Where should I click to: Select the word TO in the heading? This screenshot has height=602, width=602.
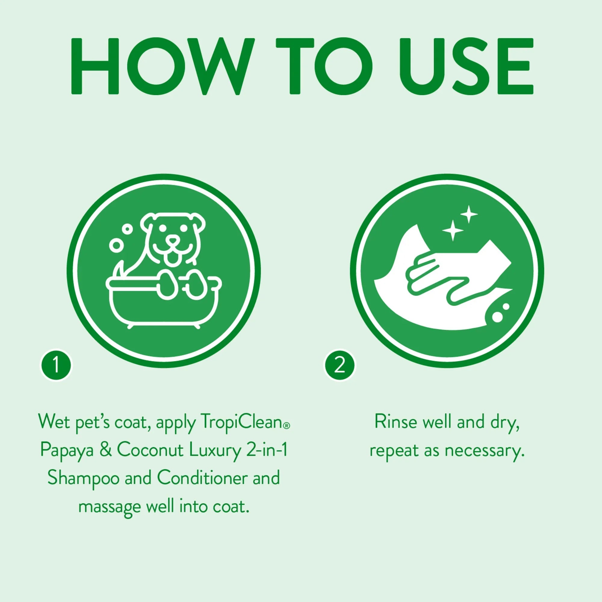point(324,66)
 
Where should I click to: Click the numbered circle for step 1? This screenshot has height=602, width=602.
point(56,365)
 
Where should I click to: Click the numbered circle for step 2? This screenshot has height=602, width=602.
point(340,365)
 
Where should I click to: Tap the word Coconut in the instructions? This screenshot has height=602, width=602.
point(150,450)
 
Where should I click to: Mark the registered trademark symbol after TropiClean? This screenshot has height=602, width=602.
point(287,426)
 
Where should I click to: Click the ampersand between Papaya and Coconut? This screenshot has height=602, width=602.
point(106,450)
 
